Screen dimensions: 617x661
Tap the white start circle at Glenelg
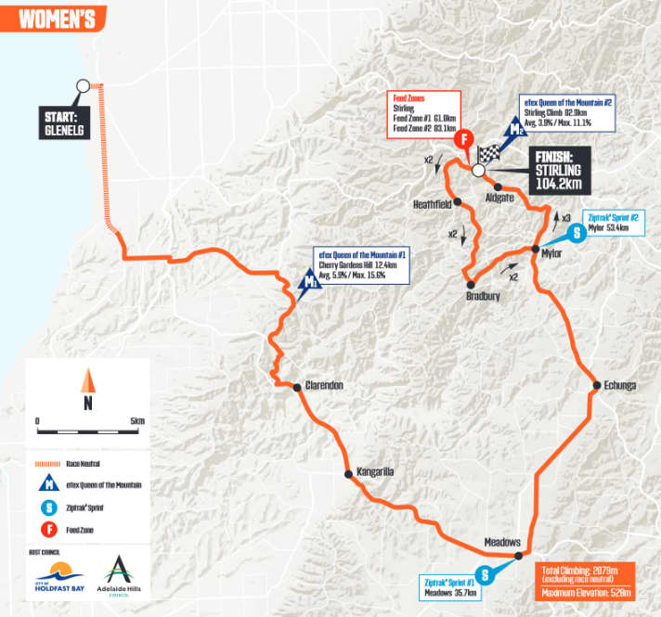83,85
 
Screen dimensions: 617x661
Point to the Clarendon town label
324,387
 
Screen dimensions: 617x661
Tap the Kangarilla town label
375,472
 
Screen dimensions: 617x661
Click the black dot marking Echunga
593,386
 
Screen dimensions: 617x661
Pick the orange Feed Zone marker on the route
465,139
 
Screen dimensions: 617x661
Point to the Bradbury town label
483,297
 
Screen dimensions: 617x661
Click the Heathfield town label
432,203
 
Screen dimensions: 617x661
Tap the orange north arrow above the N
87,380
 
